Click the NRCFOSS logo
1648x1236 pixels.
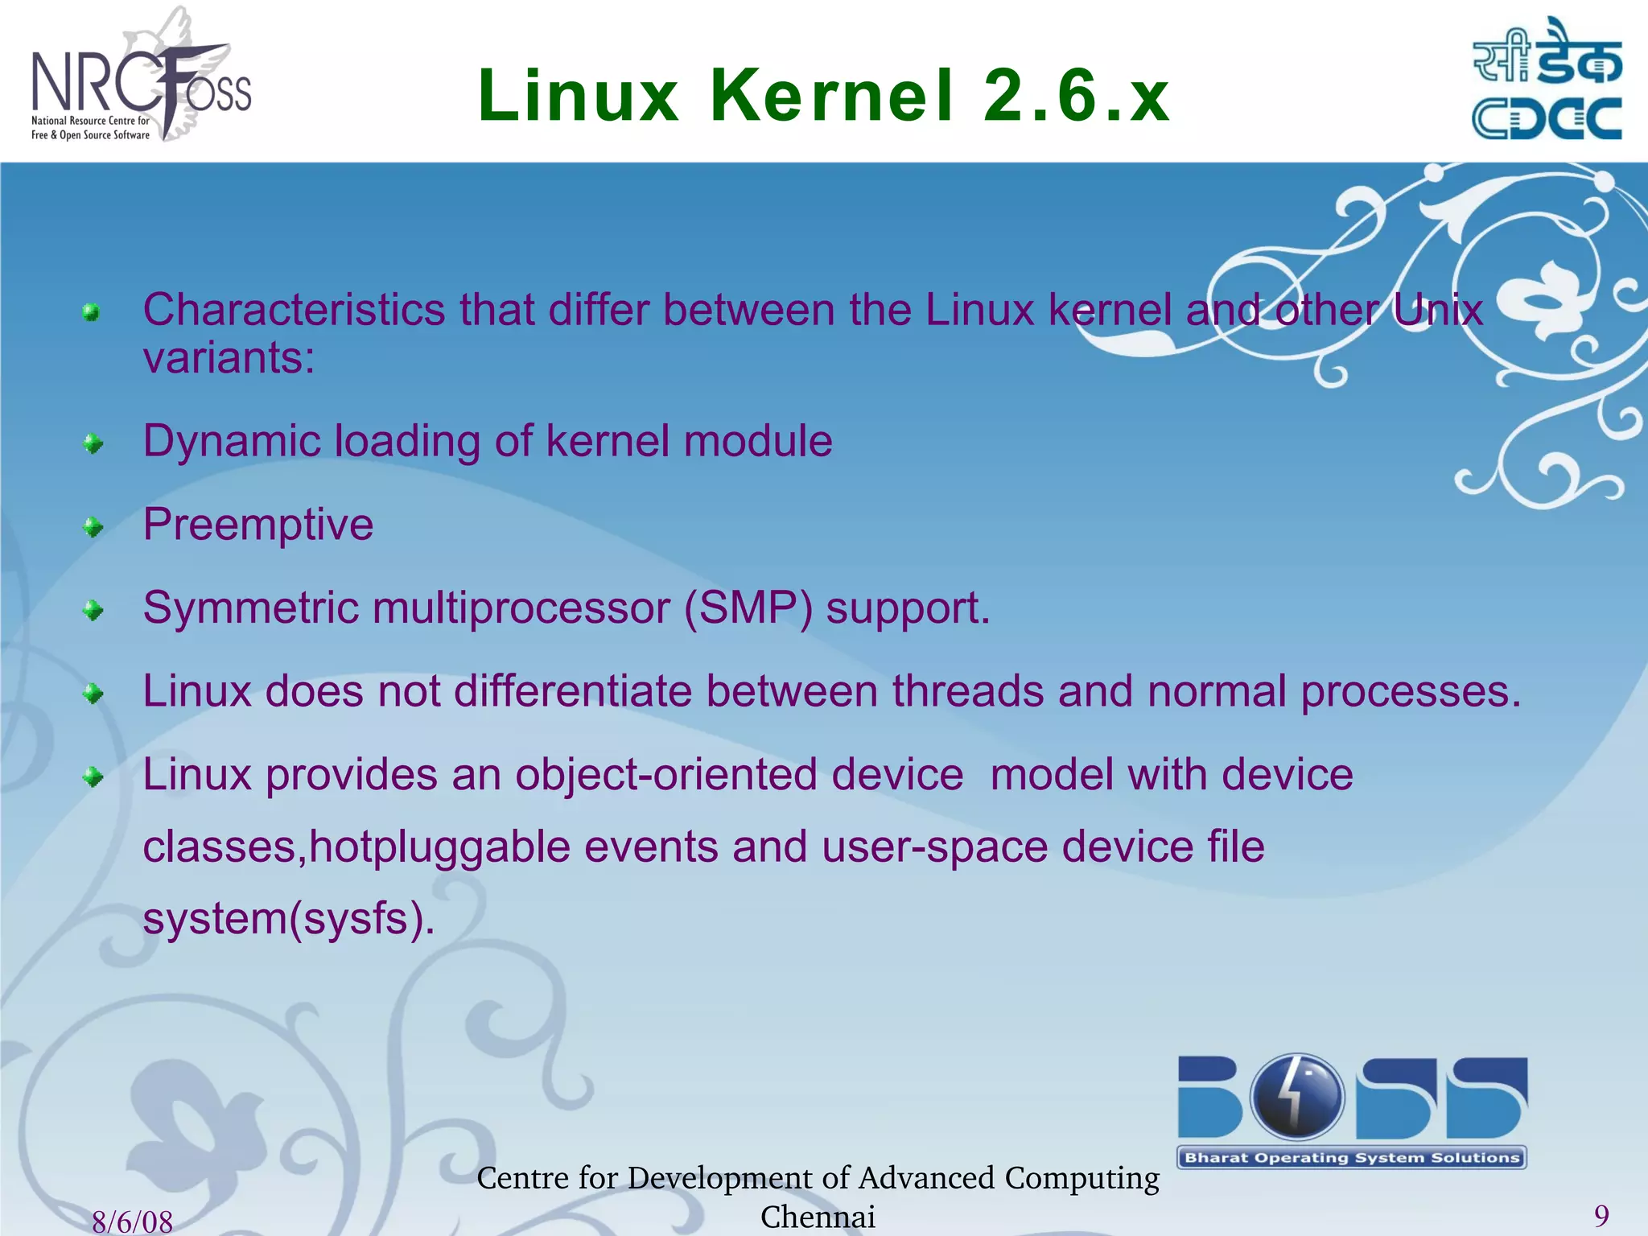pos(141,80)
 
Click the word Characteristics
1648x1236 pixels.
pos(294,310)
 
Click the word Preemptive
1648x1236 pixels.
pos(258,525)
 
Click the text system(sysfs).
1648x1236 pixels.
pos(289,919)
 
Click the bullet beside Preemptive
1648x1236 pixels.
pos(93,527)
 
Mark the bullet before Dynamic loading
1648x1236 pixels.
pos(93,443)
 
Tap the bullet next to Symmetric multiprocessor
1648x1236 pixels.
pos(93,611)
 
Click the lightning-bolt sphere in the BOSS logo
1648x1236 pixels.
pos(1296,1096)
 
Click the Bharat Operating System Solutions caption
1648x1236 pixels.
pos(1352,1158)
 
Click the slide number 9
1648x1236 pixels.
pos(1601,1215)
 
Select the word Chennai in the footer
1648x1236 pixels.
pos(818,1217)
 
